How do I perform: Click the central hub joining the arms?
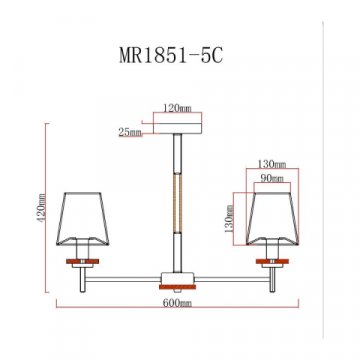click(x=179, y=280)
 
